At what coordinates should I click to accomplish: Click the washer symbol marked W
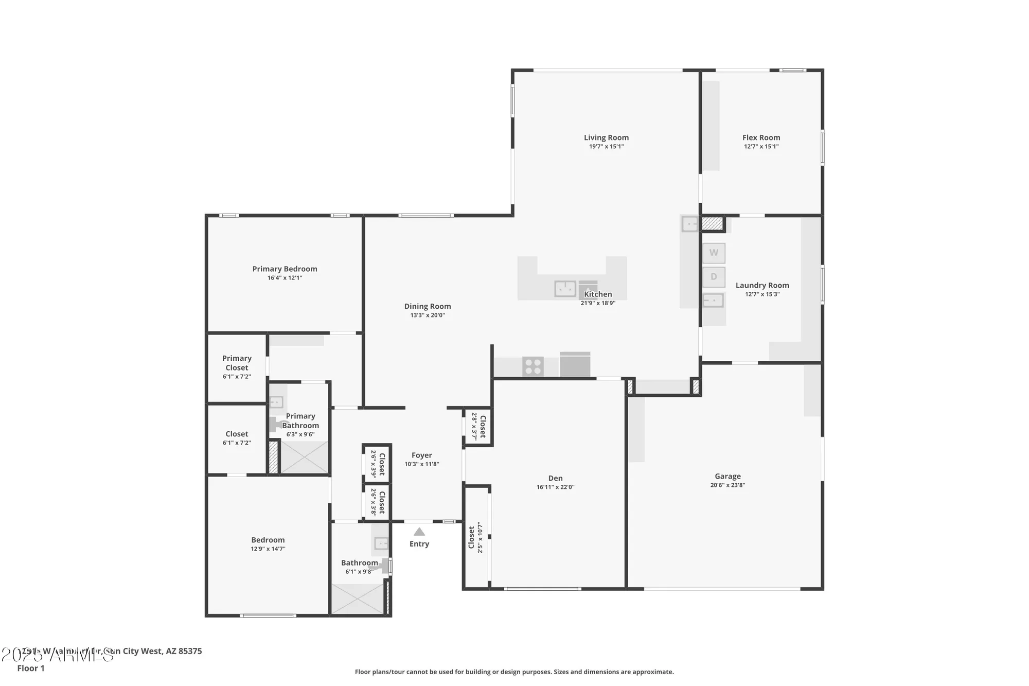pos(714,253)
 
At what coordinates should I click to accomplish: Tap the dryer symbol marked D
pos(714,277)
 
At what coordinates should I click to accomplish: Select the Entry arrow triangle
pos(419,532)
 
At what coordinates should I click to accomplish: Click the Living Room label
pos(606,137)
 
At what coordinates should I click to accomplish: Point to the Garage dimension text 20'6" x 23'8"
pos(728,485)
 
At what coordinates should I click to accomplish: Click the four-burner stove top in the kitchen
pos(533,367)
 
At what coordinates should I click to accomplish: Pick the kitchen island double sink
pos(565,289)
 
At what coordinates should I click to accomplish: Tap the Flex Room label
pos(761,137)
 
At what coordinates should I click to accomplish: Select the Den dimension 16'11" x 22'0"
pos(555,487)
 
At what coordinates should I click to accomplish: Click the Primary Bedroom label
pos(285,269)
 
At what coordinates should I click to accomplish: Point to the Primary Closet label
pos(237,363)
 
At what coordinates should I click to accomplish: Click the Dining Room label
pos(427,306)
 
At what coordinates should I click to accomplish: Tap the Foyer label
pos(421,455)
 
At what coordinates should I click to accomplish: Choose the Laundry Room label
pos(762,285)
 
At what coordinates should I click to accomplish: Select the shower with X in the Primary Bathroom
pos(304,457)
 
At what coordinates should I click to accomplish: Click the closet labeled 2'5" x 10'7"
pos(476,537)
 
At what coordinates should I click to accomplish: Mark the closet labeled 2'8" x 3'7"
pos(478,427)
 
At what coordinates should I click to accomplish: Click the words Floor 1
pos(31,668)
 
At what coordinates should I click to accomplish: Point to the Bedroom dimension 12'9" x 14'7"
pos(268,549)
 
